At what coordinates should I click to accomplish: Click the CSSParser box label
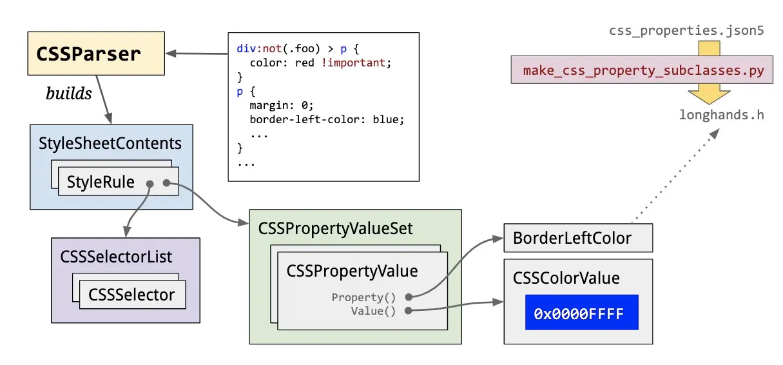(88, 54)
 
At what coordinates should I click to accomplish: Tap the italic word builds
(69, 94)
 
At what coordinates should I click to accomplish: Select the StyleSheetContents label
(110, 143)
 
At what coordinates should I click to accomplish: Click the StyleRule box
(119, 181)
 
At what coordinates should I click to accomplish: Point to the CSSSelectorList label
(116, 257)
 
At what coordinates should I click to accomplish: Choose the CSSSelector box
(133, 294)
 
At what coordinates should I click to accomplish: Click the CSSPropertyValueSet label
(335, 229)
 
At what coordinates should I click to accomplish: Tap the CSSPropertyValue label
(352, 271)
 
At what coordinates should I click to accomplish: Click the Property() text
(363, 297)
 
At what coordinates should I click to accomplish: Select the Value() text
(373, 311)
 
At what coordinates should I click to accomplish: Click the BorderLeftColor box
(578, 238)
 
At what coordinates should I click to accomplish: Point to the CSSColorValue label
(566, 278)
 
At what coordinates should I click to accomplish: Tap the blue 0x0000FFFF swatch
(582, 312)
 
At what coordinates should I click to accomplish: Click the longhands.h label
(722, 115)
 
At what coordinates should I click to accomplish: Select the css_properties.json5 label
(686, 31)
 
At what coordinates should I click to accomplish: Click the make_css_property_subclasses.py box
(642, 69)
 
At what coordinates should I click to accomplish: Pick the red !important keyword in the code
(353, 63)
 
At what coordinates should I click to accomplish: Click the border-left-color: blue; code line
(327, 120)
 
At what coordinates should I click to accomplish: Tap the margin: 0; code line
(282, 105)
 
